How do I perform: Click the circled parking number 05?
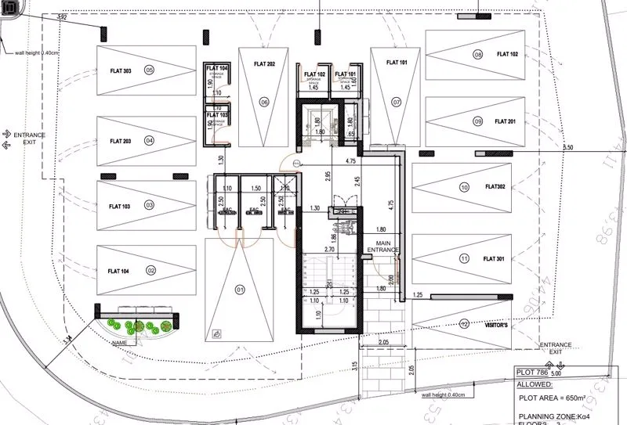point(149,70)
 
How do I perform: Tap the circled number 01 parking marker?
point(240,289)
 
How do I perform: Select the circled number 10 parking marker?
point(464,187)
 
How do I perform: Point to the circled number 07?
point(397,103)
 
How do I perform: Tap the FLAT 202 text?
point(264,63)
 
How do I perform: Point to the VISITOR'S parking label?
point(498,325)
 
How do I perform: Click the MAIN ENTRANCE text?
point(387,247)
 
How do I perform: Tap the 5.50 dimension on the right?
point(568,148)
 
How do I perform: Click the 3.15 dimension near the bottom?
point(354,365)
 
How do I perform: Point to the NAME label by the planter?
point(119,343)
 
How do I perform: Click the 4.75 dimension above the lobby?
point(351,160)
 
